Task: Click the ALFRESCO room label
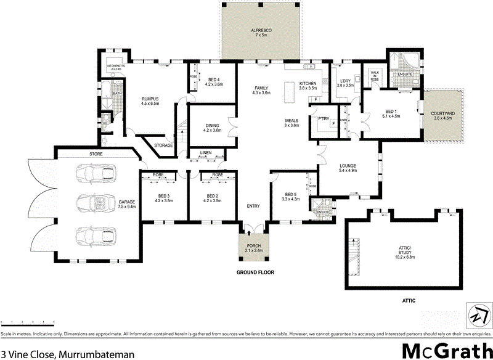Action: click(x=261, y=30)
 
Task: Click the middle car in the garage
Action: click(x=96, y=204)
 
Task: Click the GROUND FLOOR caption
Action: click(x=255, y=272)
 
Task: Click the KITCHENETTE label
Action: click(x=116, y=65)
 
